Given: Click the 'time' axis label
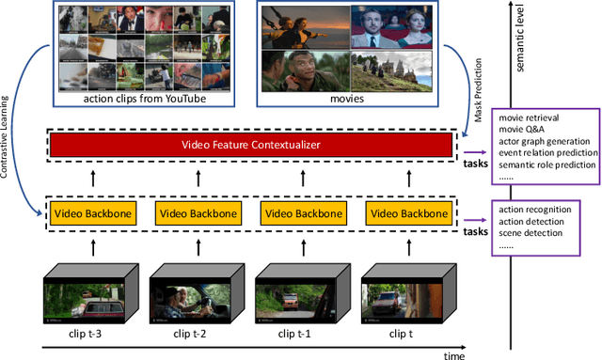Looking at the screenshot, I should point(456,355).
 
